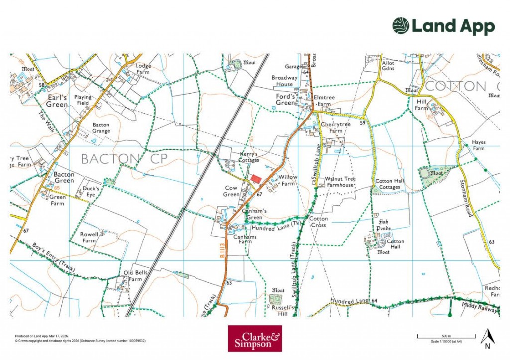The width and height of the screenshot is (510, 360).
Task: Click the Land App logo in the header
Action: (x=443, y=26)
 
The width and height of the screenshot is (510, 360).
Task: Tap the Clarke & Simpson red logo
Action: (x=255, y=339)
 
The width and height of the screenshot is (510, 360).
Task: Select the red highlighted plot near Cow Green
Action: (x=256, y=178)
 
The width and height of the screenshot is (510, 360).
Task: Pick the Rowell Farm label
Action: (x=89, y=238)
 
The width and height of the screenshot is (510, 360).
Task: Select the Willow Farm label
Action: (x=288, y=180)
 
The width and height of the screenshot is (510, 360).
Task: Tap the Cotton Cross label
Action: (x=318, y=222)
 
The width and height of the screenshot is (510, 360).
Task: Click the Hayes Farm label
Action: (x=479, y=145)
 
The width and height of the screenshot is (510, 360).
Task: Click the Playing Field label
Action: (x=83, y=100)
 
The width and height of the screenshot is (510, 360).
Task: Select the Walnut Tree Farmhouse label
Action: (x=340, y=182)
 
